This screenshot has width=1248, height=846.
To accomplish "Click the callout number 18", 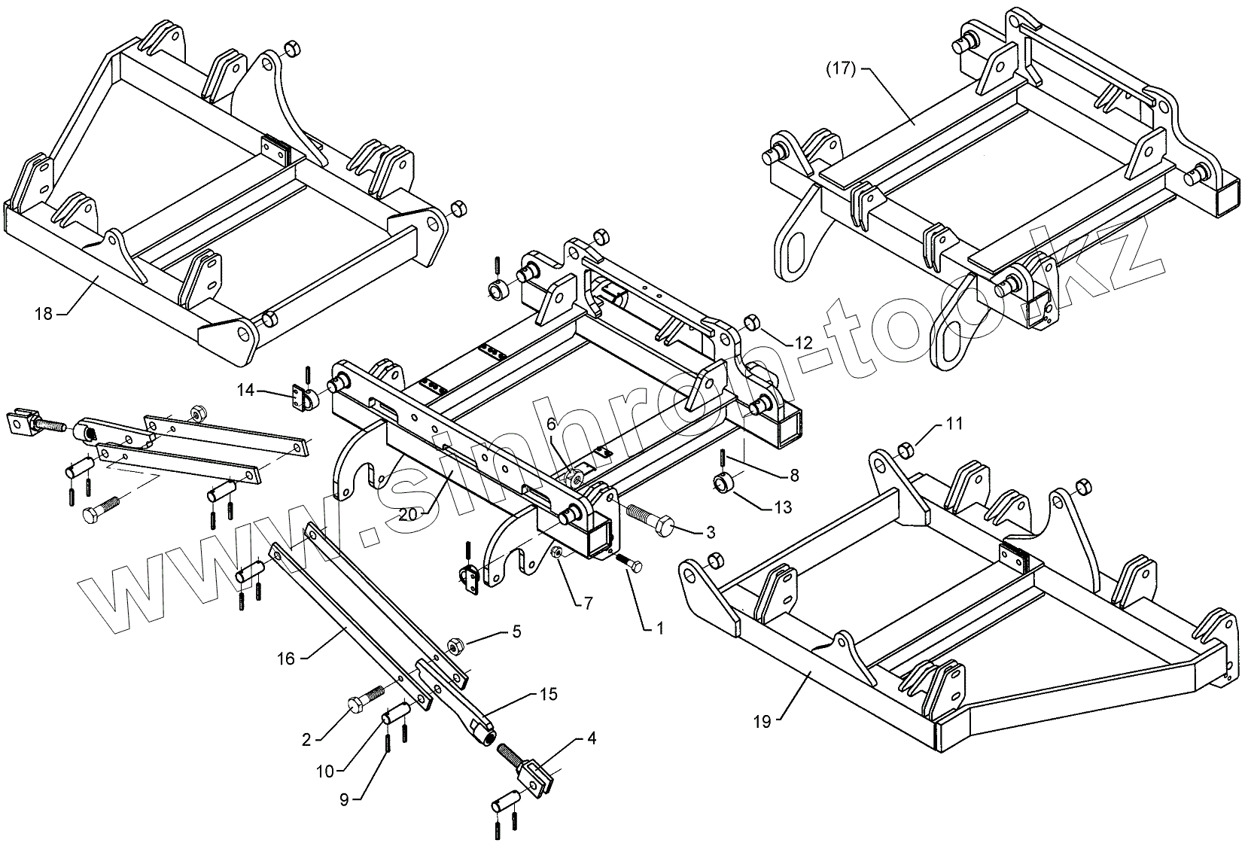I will (44, 314).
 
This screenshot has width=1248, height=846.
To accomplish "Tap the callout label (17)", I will (841, 69).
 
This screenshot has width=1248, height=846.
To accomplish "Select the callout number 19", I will (762, 722).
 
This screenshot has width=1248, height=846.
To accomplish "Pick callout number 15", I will (549, 694).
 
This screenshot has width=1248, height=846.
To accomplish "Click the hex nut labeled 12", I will (750, 324).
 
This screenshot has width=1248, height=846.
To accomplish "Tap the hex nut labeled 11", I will (907, 451).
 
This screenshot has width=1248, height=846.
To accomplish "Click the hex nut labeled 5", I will (454, 646).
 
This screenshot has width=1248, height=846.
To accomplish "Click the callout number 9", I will (344, 800).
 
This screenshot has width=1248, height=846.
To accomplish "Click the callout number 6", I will (551, 425).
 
